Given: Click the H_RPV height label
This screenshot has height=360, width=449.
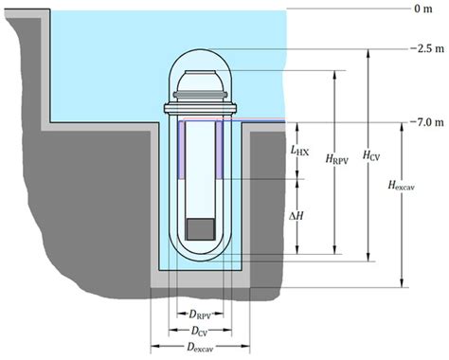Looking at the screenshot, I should click(338, 163).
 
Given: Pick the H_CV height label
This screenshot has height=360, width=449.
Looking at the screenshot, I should click(375, 154).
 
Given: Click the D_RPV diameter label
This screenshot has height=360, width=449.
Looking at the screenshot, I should click(199, 313).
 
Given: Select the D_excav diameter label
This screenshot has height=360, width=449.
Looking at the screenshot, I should click(198, 348).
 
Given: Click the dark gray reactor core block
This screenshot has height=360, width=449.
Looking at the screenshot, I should click(199, 229).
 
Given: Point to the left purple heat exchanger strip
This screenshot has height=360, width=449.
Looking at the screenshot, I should click(180, 149).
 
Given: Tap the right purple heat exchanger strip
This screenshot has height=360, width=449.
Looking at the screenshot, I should click(219, 149).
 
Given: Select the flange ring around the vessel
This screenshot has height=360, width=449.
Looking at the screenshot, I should click(199, 102).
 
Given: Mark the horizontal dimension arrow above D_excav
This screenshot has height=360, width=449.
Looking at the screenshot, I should click(198, 338).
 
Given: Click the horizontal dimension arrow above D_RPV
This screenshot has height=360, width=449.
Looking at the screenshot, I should click(199, 303).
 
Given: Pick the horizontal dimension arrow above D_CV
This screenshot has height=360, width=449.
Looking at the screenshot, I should click(199, 321).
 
